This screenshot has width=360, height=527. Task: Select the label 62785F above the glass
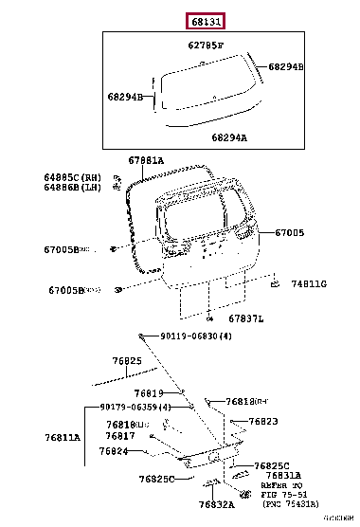(205, 45)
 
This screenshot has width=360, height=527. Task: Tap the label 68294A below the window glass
(228, 138)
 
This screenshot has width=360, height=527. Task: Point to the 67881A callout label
(147, 161)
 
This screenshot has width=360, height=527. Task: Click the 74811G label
(309, 283)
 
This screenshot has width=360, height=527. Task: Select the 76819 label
(149, 392)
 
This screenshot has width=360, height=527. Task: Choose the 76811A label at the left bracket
(63, 437)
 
